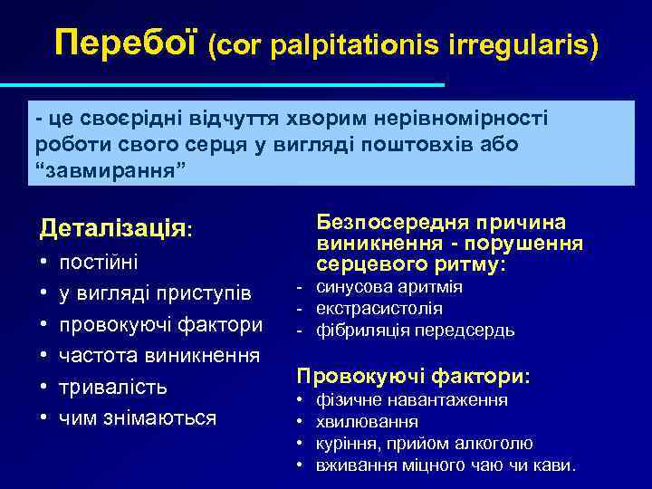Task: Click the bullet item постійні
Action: pos(99,262)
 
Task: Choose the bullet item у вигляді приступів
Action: pos(154,293)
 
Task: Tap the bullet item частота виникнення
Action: pos(159,355)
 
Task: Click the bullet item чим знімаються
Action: pos(138,417)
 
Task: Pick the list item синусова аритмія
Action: pos(389,287)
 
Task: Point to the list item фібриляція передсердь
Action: pos(415,331)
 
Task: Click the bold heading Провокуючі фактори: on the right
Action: pos(415,375)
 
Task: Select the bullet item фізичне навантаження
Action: pos(412,399)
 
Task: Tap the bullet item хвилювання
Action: pos(367,421)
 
